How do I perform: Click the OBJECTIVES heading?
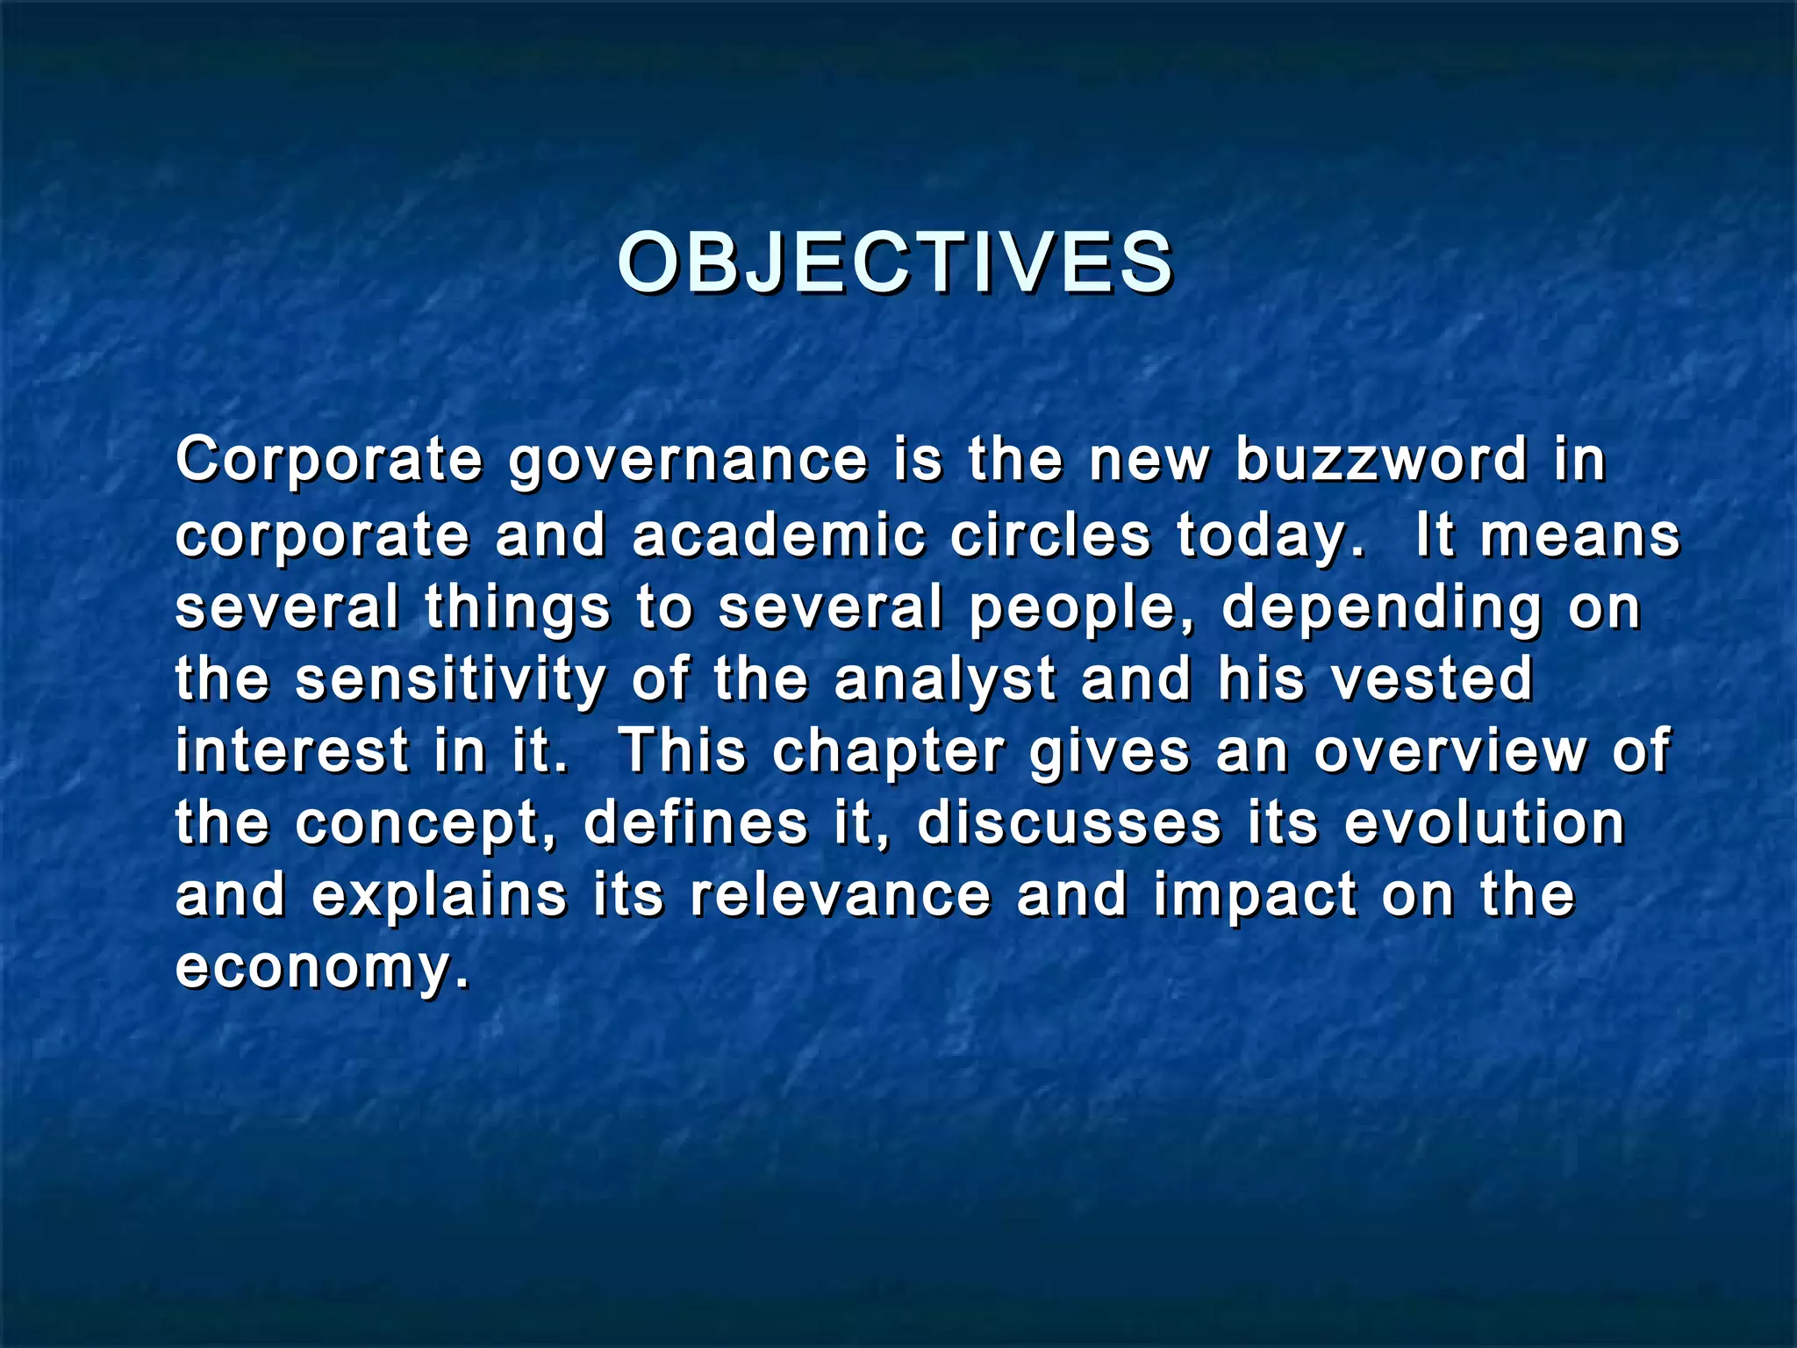[895, 263]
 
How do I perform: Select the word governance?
[689, 461]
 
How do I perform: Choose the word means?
[1580, 536]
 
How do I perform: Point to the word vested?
[1432, 679]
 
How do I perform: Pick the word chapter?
[889, 753]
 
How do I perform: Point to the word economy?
[321, 969]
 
